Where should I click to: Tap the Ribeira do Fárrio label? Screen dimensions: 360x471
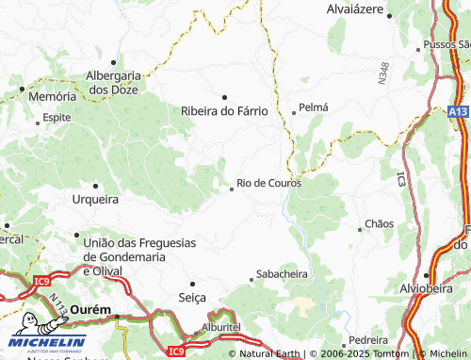click(224, 110)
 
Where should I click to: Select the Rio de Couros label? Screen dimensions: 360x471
click(269, 183)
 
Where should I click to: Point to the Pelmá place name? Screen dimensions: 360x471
click(313, 107)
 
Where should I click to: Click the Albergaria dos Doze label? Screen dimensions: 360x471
click(113, 82)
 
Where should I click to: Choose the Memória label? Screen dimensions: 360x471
click(52, 96)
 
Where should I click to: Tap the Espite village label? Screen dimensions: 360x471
click(57, 119)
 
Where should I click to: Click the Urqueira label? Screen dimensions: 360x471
click(95, 200)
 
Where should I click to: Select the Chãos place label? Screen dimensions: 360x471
click(379, 224)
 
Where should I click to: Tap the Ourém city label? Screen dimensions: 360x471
click(91, 309)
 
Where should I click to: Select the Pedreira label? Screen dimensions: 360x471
click(368, 338)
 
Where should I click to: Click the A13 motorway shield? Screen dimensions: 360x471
click(458, 112)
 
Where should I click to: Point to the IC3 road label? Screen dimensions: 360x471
click(400, 177)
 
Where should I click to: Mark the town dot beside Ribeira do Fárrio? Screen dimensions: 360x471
click(224, 96)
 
